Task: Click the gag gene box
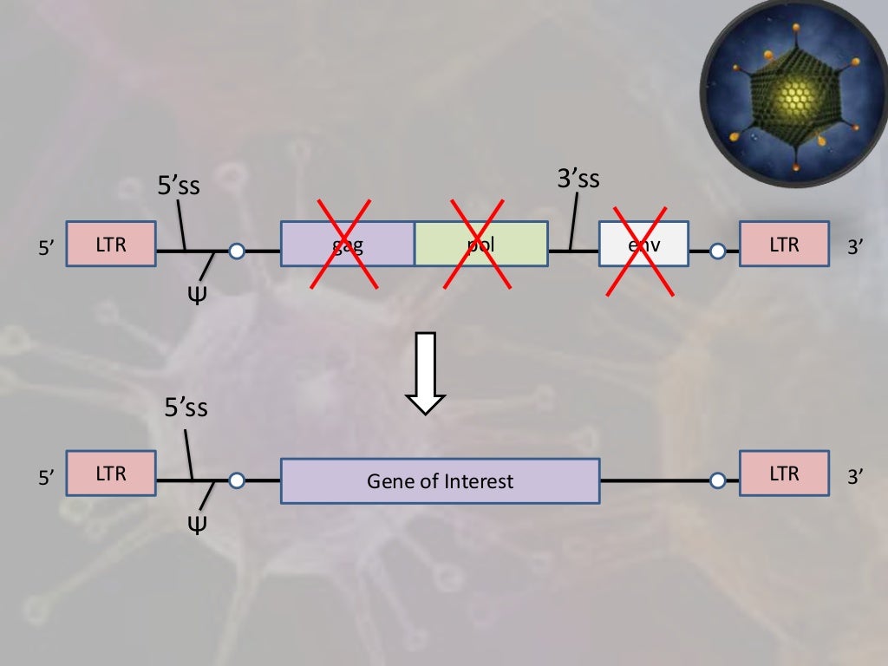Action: pyautogui.click(x=348, y=244)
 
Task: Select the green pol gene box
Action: pyautogui.click(x=481, y=244)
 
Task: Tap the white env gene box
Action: pyautogui.click(x=643, y=245)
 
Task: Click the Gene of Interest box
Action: pyautogui.click(x=440, y=480)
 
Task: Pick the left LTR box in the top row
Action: pyautogui.click(x=111, y=245)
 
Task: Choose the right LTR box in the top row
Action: pyautogui.click(x=784, y=245)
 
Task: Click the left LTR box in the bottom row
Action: pyautogui.click(x=111, y=473)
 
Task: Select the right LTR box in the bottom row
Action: pyautogui.click(x=784, y=473)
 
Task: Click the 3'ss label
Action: pyautogui.click(x=578, y=180)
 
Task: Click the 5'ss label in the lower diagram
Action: pyautogui.click(x=186, y=407)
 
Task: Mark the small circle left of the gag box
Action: pyautogui.click(x=237, y=252)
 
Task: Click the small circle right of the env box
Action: pyautogui.click(x=717, y=252)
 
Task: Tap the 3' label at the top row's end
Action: pyautogui.click(x=857, y=246)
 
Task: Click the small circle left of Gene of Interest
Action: pyautogui.click(x=237, y=480)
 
